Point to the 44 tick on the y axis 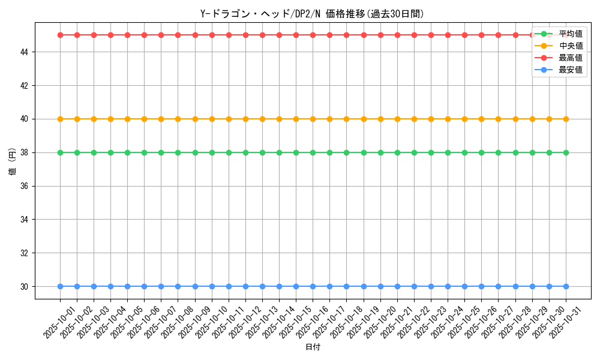tap(25, 52)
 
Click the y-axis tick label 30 tap(25, 287)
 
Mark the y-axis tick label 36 tap(25, 186)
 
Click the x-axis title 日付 tap(313, 347)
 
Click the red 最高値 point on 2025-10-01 tap(60, 35)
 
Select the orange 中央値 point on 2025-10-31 tap(566, 119)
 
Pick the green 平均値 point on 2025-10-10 tap(212, 152)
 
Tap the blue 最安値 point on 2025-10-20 tap(380, 287)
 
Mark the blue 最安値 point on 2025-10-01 tap(60, 287)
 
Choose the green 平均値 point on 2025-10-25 tap(464, 152)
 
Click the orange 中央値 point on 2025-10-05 tap(127, 119)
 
